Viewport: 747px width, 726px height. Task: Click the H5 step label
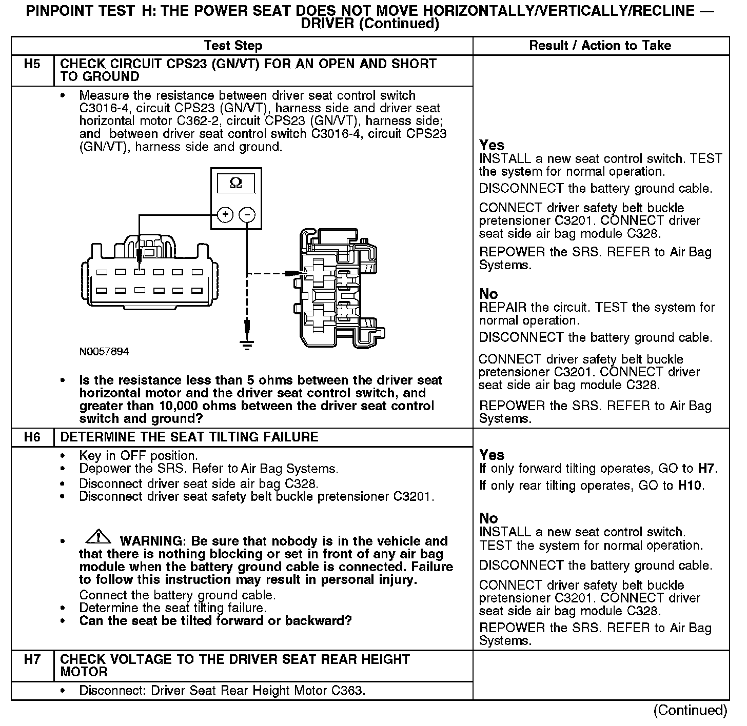(x=32, y=65)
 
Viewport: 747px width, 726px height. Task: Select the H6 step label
(x=32, y=437)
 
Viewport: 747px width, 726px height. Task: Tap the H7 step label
(x=32, y=660)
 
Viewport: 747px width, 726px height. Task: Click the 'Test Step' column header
(x=233, y=46)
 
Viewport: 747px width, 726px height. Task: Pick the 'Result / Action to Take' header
(x=600, y=46)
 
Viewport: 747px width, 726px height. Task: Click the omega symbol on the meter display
(x=235, y=183)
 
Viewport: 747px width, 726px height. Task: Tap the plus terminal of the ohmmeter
(x=225, y=214)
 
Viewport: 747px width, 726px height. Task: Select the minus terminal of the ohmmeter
(x=247, y=214)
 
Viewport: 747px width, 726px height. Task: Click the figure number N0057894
(x=104, y=352)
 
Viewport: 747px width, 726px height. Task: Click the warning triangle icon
(x=98, y=537)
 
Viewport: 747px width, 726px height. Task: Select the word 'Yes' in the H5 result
(x=492, y=145)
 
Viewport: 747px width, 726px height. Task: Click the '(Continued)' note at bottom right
(x=690, y=711)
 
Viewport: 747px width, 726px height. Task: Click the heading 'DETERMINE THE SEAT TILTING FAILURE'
(x=189, y=437)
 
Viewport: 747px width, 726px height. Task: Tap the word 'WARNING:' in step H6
(x=149, y=541)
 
